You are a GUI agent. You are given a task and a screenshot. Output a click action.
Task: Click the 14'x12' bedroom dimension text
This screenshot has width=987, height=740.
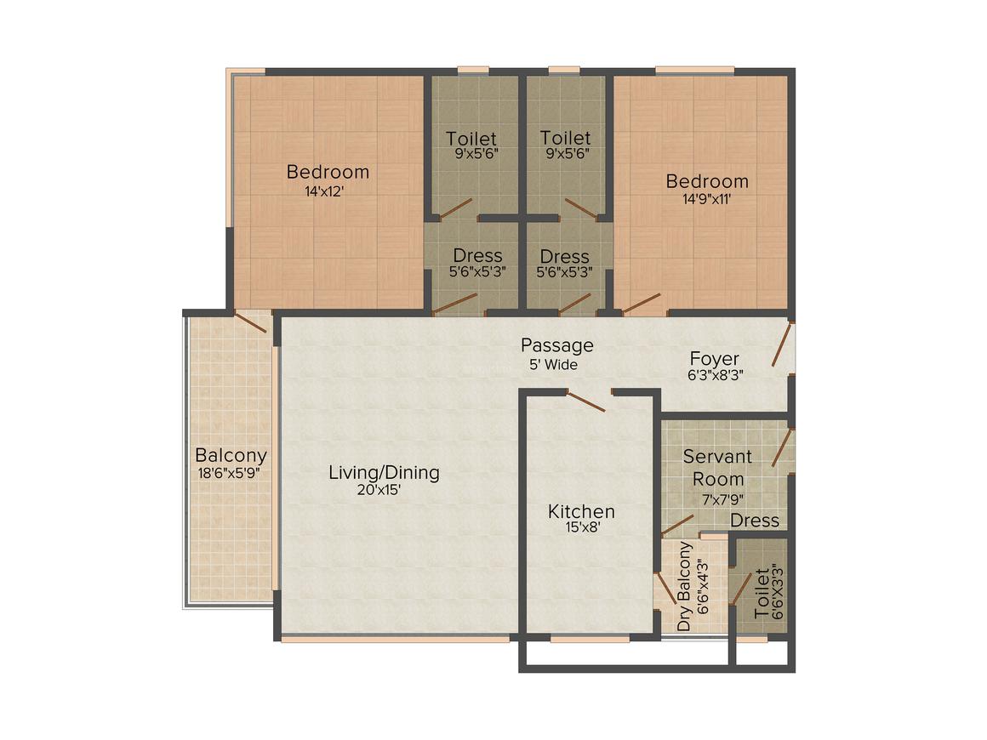328,192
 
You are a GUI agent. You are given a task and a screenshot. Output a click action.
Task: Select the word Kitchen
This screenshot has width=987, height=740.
581,511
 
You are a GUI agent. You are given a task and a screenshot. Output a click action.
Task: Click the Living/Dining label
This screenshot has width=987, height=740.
384,472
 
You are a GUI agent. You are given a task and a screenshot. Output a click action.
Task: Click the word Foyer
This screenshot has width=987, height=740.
714,358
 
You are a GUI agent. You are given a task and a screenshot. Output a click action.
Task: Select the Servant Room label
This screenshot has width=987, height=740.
717,467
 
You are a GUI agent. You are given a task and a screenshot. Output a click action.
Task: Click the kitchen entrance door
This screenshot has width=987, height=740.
585,401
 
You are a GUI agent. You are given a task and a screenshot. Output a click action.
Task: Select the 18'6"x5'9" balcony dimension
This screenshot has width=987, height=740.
231,473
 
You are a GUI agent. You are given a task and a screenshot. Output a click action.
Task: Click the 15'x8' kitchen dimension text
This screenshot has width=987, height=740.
580,528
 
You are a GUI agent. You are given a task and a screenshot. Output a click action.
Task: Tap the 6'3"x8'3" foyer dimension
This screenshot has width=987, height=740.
716,375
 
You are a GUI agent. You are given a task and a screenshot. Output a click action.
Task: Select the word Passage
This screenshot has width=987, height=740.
556,345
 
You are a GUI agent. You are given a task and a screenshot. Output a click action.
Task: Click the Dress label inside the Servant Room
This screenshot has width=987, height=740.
755,520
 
